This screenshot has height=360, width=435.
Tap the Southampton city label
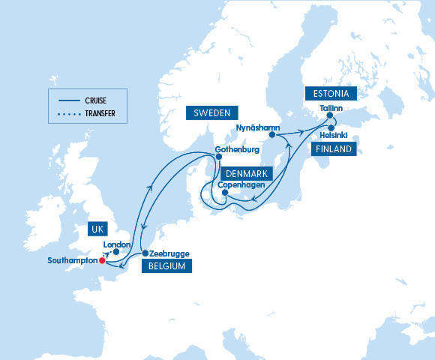[72, 261]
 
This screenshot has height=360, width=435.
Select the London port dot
[116, 251]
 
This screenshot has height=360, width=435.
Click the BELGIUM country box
[166, 265]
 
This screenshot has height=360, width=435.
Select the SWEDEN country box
[212, 113]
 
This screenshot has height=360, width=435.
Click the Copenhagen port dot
[225, 192]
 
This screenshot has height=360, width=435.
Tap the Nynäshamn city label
[258, 127]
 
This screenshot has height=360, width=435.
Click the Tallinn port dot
[329, 116]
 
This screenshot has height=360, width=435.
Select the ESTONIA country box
[331, 94]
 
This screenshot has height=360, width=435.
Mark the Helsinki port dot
[331, 128]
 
